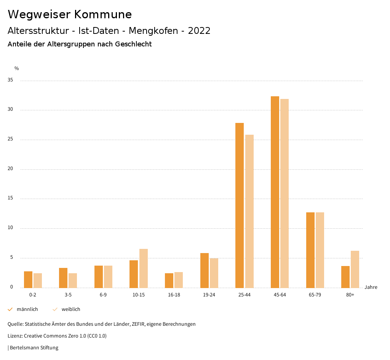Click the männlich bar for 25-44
240,205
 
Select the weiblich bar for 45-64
285,193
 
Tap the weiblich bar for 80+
355,269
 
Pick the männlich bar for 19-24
205,270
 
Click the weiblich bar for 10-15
144,268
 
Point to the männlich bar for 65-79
310,250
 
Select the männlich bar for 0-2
28,279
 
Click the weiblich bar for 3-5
73,280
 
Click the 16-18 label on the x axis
174,295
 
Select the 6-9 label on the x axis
103,295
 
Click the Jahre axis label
371,287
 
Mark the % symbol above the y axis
17,68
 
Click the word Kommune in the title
103,14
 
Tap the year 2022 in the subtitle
199,31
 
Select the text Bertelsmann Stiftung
34,348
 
